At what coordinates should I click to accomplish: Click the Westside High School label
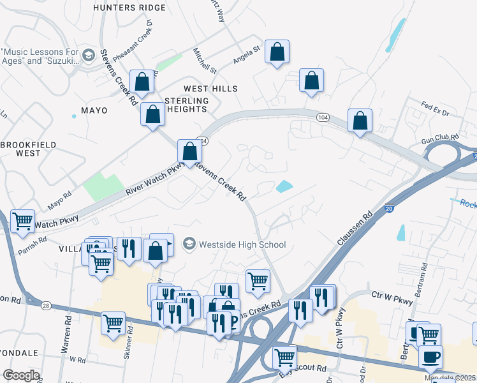242,244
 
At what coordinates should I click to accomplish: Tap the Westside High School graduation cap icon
189,244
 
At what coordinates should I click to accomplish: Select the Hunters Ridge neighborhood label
129,8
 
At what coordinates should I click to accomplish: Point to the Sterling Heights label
187,105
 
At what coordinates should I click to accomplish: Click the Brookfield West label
21,149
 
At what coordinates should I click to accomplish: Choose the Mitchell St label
206,60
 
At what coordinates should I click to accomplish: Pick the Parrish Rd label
33,243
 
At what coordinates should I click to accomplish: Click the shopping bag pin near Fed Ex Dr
360,121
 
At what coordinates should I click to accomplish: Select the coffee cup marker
430,356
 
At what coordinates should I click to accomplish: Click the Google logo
21,375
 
